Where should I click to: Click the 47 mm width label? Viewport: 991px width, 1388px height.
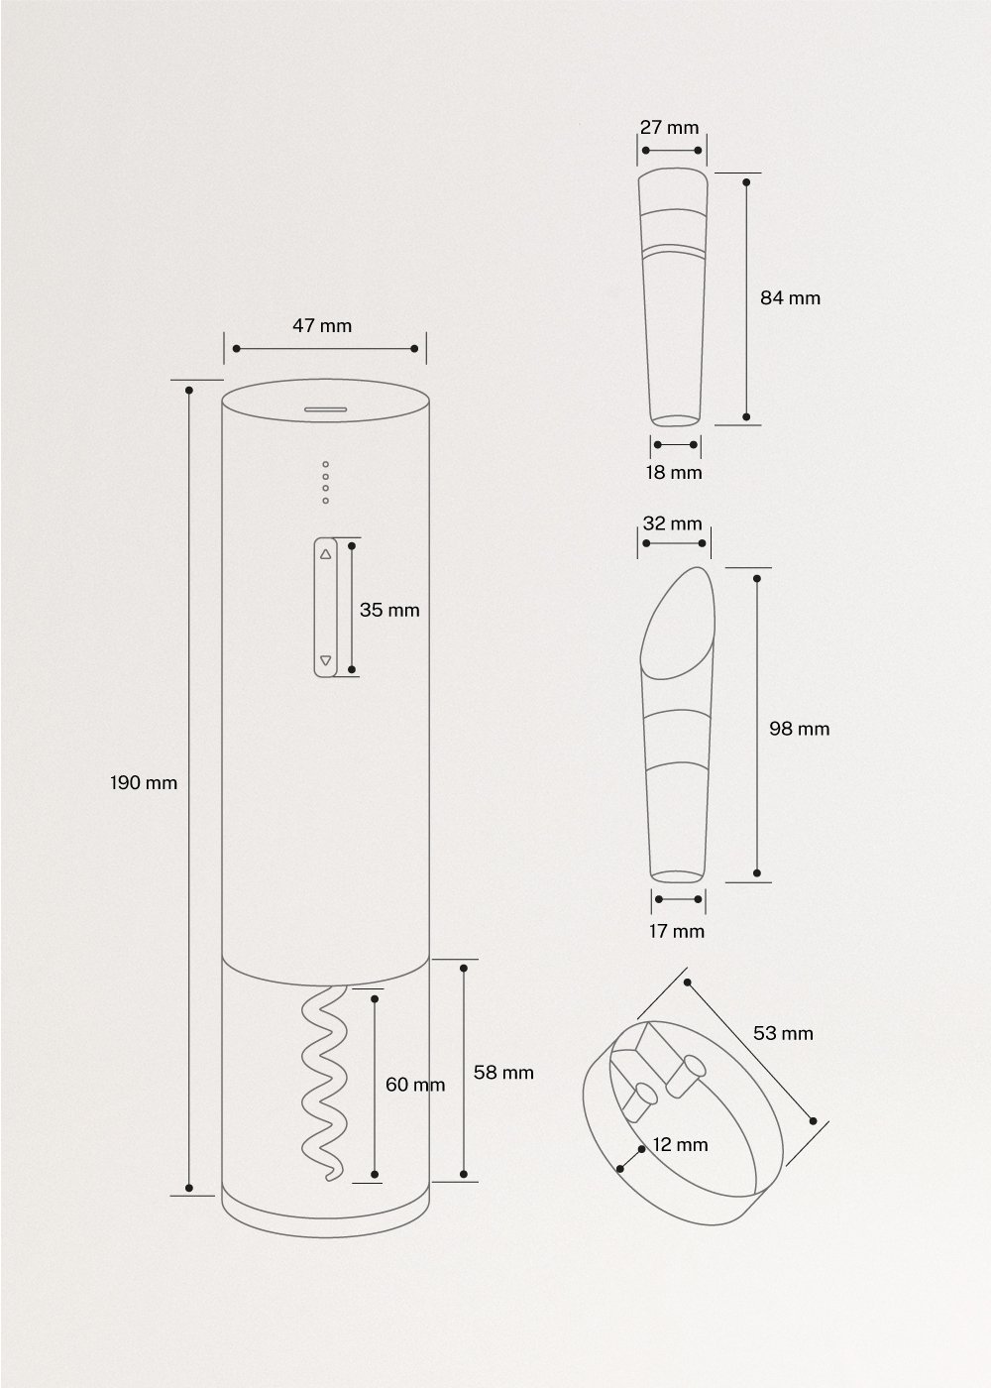click(322, 325)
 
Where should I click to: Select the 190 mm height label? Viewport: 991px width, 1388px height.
click(144, 783)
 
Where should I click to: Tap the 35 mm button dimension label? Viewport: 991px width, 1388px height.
click(389, 610)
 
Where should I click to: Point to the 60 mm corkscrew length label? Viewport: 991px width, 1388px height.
click(414, 1085)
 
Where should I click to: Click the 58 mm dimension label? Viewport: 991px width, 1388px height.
click(503, 1072)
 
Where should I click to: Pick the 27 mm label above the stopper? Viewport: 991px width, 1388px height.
click(669, 127)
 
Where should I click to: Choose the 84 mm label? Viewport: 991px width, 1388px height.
click(790, 297)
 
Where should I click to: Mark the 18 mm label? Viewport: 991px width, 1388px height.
click(674, 472)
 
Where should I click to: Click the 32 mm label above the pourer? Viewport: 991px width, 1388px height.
click(672, 523)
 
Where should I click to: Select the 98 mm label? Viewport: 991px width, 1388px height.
click(799, 729)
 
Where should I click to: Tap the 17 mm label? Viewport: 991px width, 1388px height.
click(676, 931)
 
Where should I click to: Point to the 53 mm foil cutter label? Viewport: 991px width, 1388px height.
click(783, 1033)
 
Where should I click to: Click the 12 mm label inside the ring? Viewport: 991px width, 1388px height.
click(680, 1144)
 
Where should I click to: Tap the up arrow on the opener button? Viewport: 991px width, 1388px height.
click(326, 554)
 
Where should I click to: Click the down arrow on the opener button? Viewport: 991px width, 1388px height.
click(326, 660)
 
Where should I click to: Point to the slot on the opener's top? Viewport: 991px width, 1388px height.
click(324, 408)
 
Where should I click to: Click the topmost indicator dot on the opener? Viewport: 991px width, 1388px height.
click(325, 464)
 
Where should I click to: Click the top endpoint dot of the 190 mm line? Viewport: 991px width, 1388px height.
click(190, 391)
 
